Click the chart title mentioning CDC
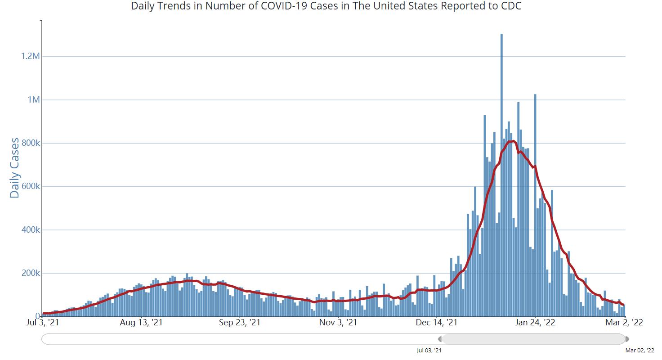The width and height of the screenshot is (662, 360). click(326, 6)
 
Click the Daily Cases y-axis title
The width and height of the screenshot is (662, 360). click(14, 168)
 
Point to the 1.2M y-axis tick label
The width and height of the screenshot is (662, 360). click(30, 56)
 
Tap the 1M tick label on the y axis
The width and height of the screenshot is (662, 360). click(33, 99)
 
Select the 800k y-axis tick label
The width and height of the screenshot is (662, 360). click(31, 143)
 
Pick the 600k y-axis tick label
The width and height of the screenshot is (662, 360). click(31, 186)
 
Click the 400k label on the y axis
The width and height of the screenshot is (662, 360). click(31, 229)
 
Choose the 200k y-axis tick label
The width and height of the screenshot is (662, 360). click(31, 273)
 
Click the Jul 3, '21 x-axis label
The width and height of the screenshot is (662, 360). click(43, 322)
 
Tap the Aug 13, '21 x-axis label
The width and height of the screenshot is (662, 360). click(141, 322)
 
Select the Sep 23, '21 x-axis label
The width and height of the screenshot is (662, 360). click(239, 322)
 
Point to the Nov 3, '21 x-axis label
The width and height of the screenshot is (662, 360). click(338, 322)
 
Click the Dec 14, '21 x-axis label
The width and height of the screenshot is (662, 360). click(437, 322)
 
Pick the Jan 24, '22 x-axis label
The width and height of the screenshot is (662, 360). click(535, 322)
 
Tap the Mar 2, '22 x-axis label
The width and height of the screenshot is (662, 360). click(624, 322)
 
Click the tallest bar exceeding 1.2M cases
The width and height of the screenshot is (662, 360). click(501, 175)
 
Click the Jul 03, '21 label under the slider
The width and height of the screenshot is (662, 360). click(429, 351)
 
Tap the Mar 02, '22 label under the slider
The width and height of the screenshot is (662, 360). click(640, 351)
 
